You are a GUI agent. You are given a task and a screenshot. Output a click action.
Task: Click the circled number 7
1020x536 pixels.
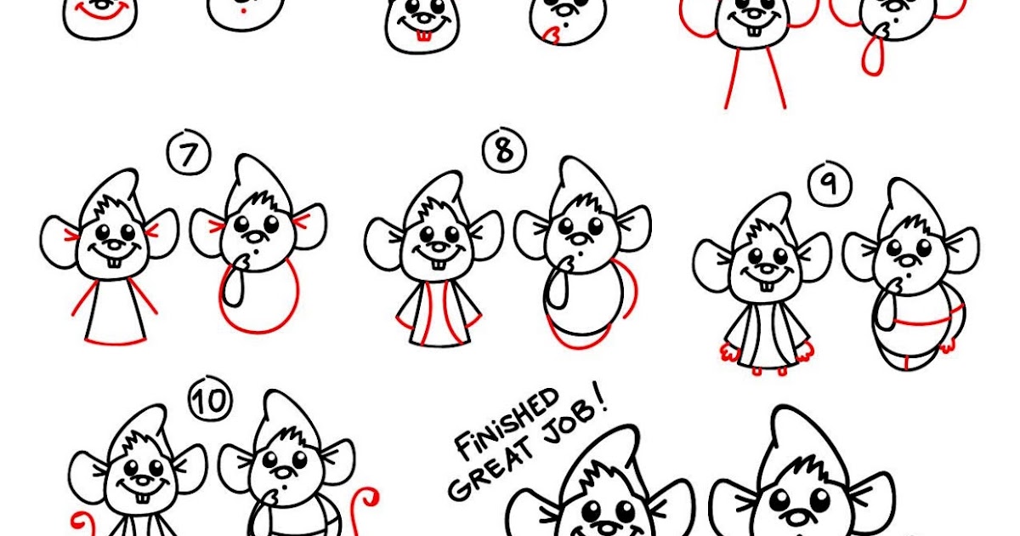coord(188,157)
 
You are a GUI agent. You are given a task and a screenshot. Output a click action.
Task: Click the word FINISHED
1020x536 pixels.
coord(507,423)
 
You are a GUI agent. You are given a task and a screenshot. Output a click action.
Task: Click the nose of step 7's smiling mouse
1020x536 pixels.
coord(114,246)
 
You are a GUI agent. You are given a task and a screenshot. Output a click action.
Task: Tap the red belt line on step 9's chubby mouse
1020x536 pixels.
coord(921,323)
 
